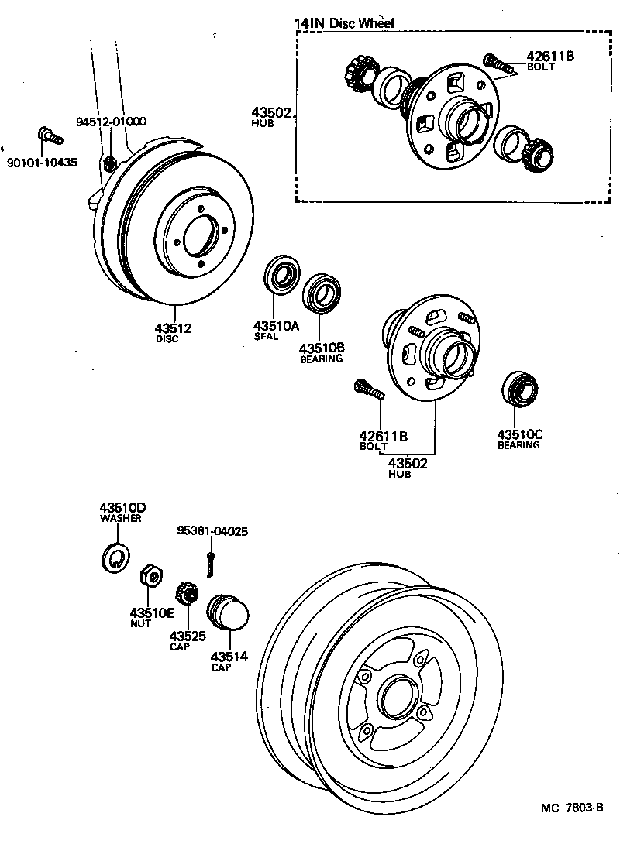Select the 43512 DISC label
[x=173, y=332]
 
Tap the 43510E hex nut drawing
[x=150, y=577]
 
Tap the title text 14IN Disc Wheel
[x=344, y=23]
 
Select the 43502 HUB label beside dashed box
[x=270, y=117]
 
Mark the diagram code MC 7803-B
[x=573, y=808]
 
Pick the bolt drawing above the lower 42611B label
[x=369, y=389]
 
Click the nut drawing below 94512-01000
[x=110, y=163]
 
